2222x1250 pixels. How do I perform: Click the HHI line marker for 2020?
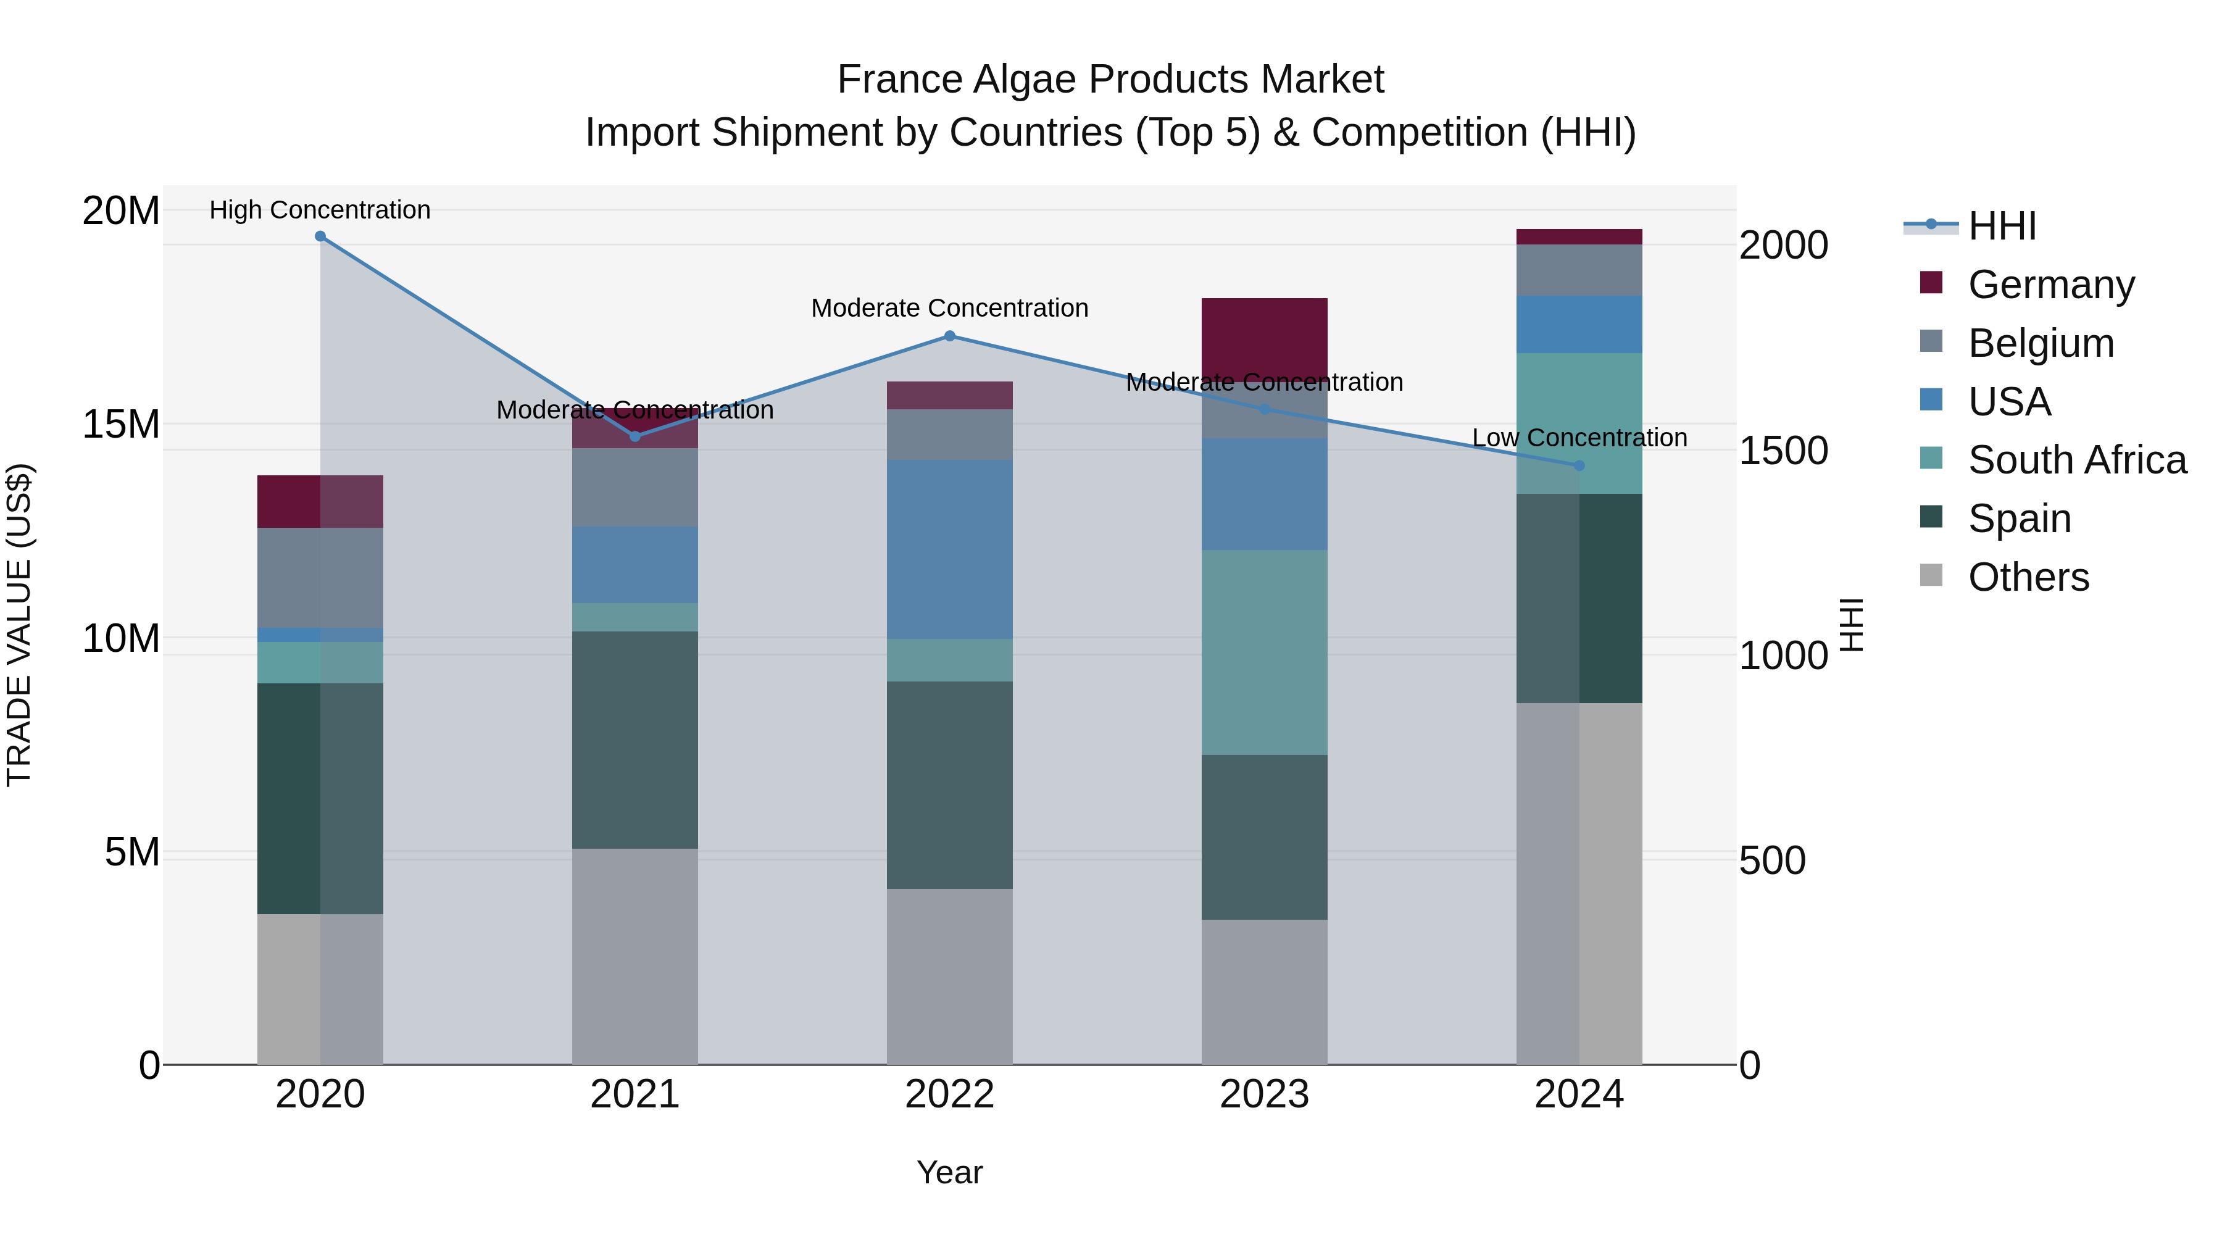(320, 236)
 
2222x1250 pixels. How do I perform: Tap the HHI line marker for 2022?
(950, 336)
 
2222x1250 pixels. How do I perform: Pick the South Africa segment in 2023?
(1265, 653)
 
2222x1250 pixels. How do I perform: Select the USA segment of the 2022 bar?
(950, 549)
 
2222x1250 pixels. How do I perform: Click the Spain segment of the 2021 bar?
(635, 740)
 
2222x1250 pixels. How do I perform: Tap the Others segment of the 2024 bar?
(1579, 884)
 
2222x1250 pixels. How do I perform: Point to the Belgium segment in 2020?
(320, 578)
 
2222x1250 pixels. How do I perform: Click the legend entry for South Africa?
(2076, 460)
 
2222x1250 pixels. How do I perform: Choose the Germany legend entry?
(2050, 285)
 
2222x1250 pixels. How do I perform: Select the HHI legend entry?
(2001, 226)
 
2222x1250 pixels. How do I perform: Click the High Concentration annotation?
(320, 210)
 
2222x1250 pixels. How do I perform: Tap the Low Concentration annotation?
(1579, 438)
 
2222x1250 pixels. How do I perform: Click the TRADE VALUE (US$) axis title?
(19, 625)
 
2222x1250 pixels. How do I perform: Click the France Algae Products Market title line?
(1110, 80)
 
